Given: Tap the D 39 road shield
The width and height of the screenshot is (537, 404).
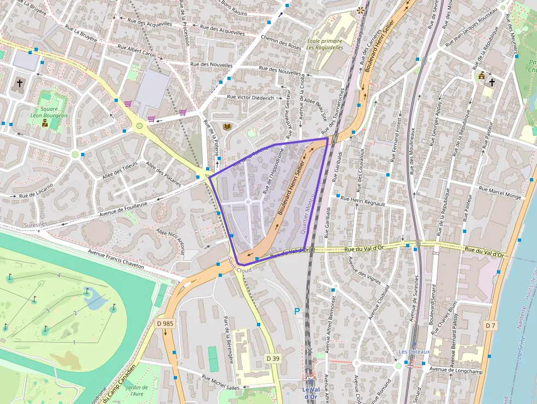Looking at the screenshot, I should (x=273, y=358).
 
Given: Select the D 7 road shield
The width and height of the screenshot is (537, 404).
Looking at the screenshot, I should (x=490, y=326).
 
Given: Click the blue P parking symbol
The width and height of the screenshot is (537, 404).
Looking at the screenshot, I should (x=297, y=311).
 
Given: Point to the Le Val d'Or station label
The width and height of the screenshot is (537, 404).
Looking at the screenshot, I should (x=310, y=392).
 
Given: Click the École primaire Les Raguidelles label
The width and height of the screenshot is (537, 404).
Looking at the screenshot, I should (x=325, y=44).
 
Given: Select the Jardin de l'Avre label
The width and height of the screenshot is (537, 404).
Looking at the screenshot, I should (x=134, y=390).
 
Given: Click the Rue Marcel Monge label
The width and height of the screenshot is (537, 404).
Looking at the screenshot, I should (x=500, y=192).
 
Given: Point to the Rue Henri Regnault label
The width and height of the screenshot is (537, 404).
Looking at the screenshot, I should (x=363, y=201).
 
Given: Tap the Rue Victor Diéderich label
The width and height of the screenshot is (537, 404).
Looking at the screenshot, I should (x=250, y=97).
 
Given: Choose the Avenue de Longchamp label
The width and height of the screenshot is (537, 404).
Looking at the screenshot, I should (x=453, y=369).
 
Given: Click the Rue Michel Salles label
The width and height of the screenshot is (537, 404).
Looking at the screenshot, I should (x=221, y=382).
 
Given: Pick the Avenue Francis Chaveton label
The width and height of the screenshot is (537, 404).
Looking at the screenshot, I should (x=116, y=259).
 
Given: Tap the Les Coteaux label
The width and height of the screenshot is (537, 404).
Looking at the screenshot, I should (x=410, y=351).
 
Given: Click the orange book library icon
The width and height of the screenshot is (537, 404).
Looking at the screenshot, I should (x=227, y=127).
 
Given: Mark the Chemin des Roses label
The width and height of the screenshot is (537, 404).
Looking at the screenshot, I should (x=281, y=42).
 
